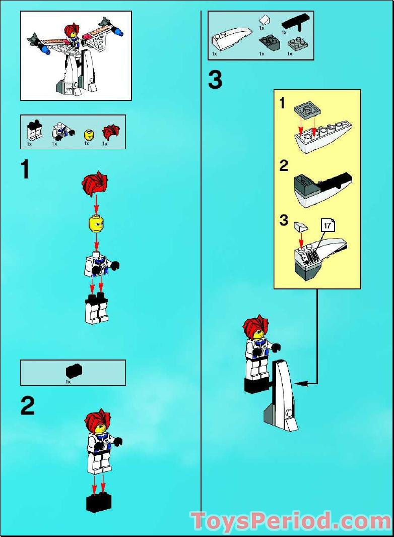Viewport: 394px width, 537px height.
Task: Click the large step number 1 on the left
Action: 25,170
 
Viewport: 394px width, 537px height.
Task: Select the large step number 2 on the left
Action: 28,405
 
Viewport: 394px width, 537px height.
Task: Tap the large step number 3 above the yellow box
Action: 215,80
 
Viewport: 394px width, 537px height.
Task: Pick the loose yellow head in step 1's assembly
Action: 96,224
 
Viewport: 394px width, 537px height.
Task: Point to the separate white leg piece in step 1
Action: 97,309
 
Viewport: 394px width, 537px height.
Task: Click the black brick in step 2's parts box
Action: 74,372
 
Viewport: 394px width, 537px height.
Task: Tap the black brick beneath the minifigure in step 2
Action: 99,502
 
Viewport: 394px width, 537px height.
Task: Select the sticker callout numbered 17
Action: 327,226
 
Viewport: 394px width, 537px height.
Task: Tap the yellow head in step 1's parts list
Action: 89,135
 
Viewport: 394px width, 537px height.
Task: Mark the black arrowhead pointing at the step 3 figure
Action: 300,384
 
